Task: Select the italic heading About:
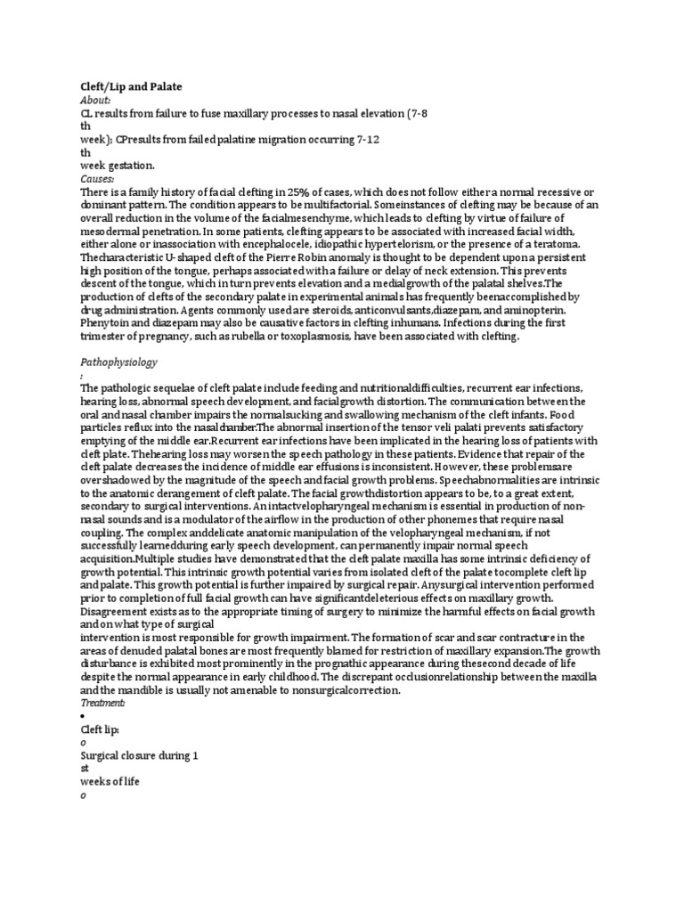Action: tap(94, 101)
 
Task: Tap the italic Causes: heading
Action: tap(97, 179)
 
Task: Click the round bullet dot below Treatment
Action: tap(83, 716)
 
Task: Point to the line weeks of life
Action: tap(110, 781)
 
